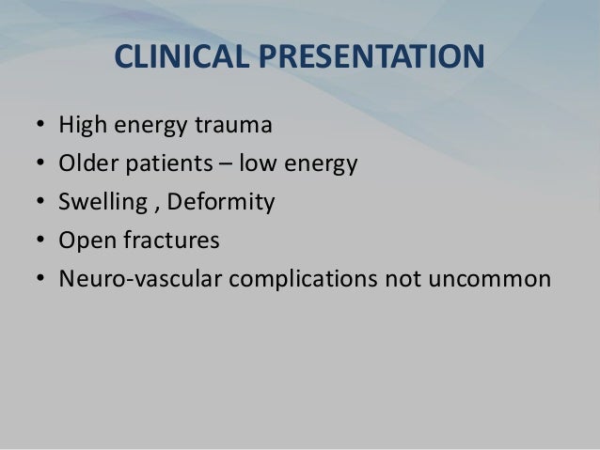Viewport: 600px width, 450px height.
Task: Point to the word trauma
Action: [x=222, y=126]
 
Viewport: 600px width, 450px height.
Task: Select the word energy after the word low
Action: [x=321, y=166]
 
